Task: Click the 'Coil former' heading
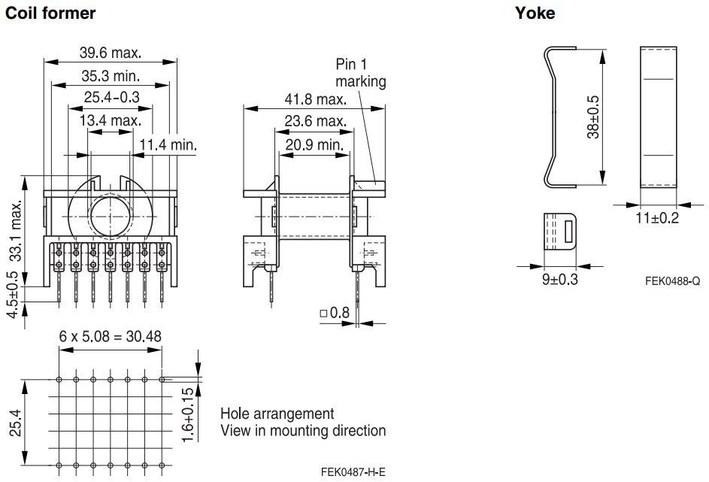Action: click(50, 13)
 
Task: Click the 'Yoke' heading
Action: click(535, 13)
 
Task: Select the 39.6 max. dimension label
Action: click(111, 53)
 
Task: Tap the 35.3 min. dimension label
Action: click(111, 75)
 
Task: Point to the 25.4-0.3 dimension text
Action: click(112, 97)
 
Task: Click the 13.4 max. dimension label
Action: click(111, 120)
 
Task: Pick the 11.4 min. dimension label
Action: click(168, 144)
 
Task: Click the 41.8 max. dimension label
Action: click(315, 99)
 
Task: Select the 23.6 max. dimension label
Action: click(315, 121)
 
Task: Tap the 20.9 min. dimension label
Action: click(314, 144)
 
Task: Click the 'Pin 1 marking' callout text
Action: click(360, 73)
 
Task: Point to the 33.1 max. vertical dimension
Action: click(16, 231)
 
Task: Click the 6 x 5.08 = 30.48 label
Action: click(110, 336)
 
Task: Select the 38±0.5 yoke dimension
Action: click(592, 117)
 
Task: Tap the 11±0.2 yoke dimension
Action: click(657, 218)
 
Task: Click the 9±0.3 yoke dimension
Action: click(560, 280)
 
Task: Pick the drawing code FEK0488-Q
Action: click(672, 281)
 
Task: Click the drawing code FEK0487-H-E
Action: click(353, 472)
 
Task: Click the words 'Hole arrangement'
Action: click(277, 414)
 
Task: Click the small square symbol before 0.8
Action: click(323, 313)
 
